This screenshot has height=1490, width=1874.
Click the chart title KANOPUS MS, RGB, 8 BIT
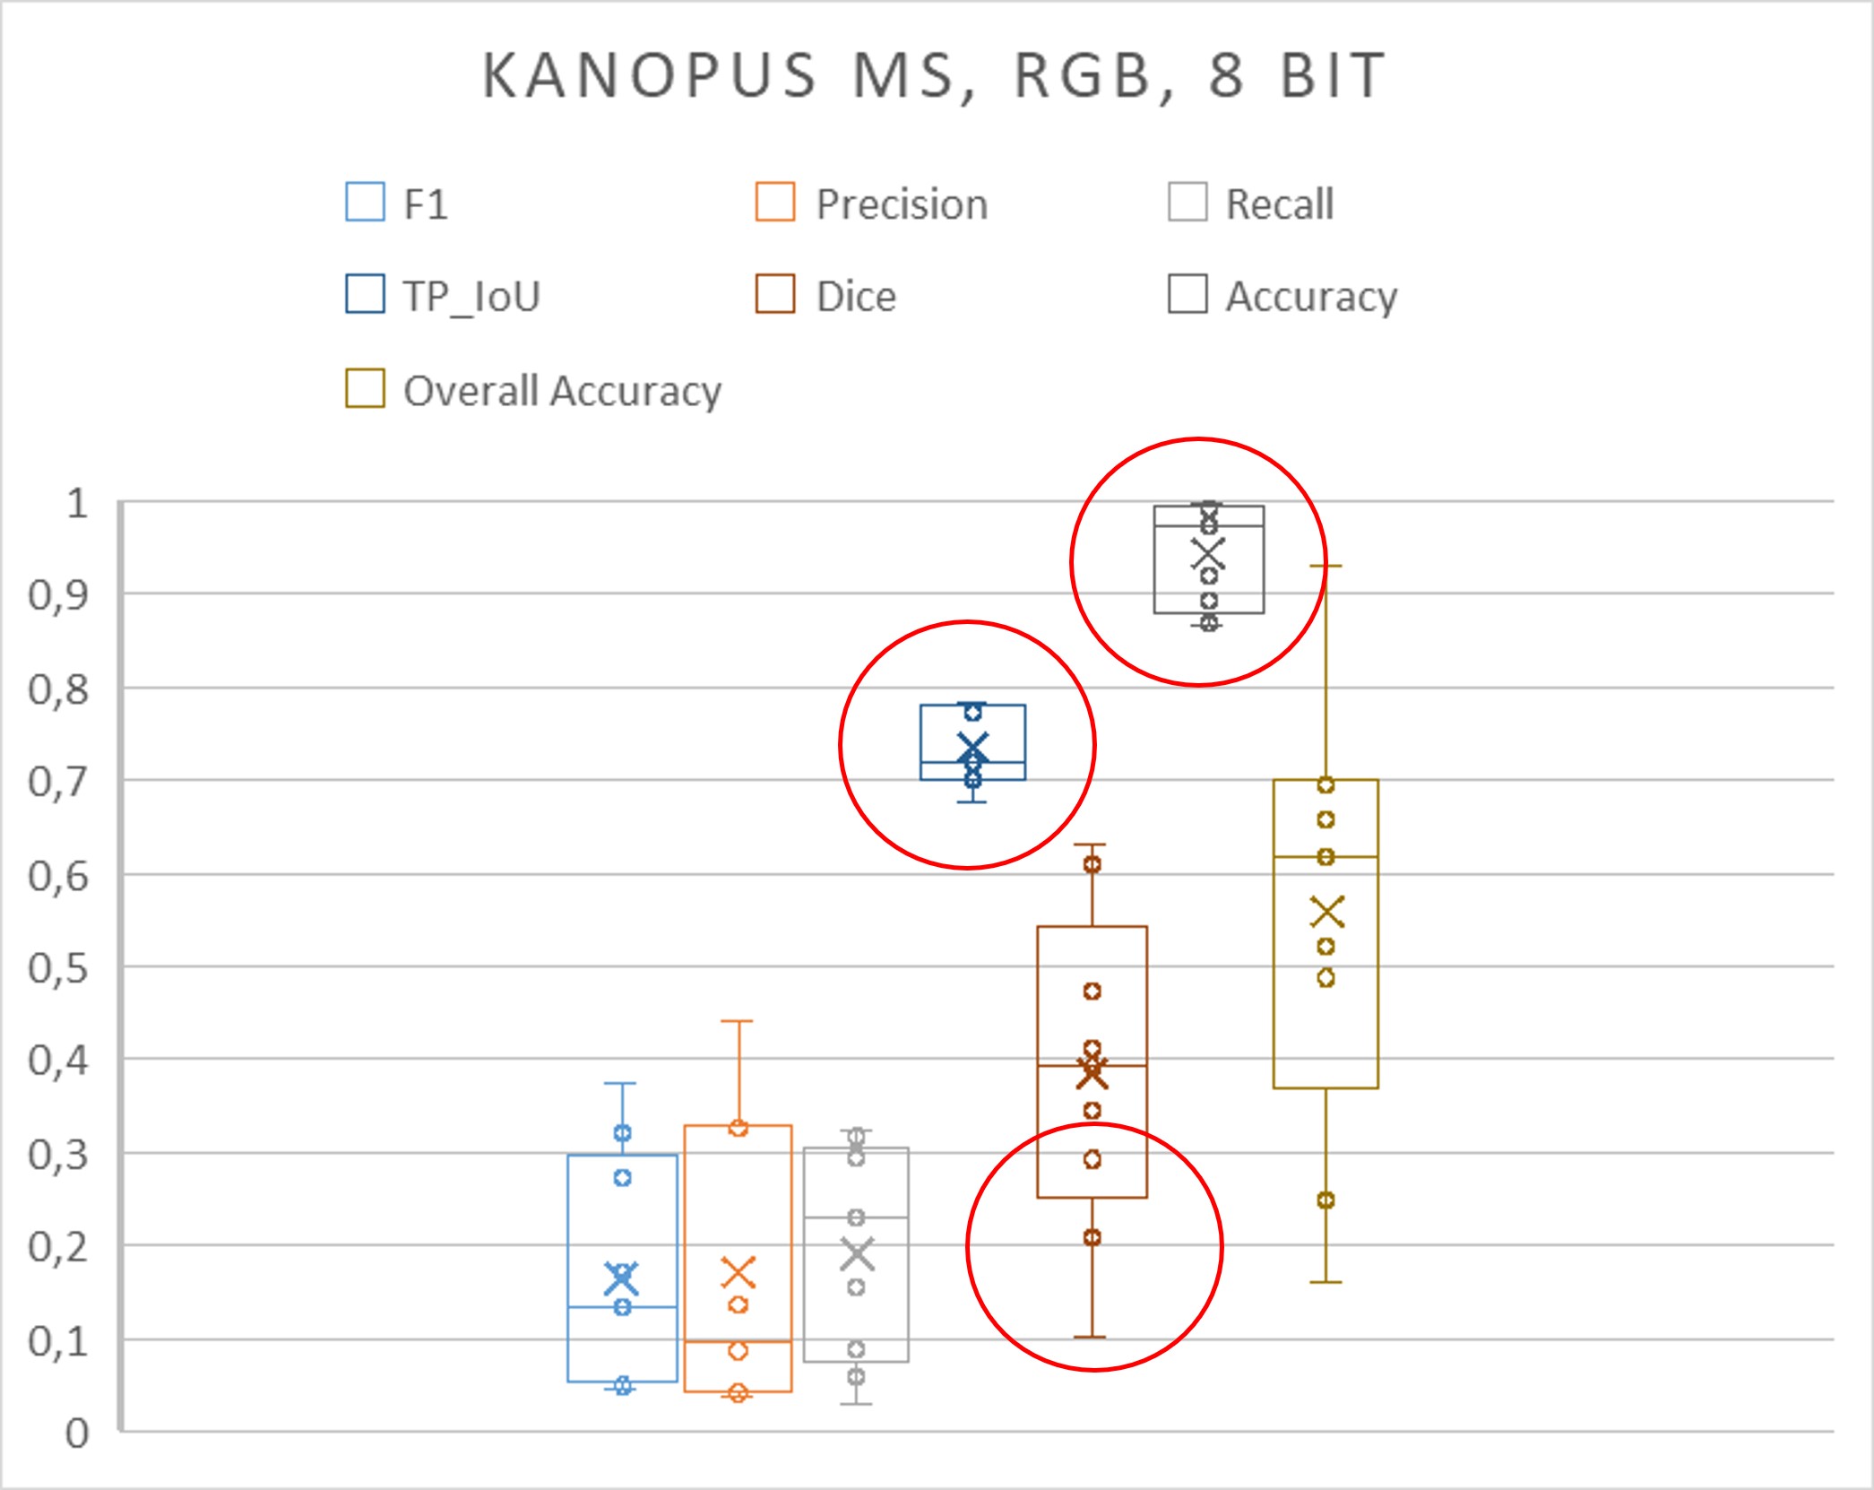pyautogui.click(x=935, y=75)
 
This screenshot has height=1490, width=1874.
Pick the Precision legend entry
pyautogui.click(x=873, y=204)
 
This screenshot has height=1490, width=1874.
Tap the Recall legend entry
pyautogui.click(x=1252, y=204)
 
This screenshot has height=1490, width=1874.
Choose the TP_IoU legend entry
pyautogui.click(x=444, y=296)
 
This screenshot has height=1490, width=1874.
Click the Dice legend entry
pyautogui.click(x=826, y=296)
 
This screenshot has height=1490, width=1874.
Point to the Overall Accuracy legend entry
pyautogui.click(x=534, y=390)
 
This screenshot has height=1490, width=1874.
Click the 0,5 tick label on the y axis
pyautogui.click(x=58, y=968)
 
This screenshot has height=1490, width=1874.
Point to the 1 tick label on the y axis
pyautogui.click(x=77, y=504)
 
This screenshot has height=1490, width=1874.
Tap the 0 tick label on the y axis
pyautogui.click(x=77, y=1434)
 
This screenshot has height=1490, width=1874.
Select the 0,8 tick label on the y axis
pyautogui.click(x=58, y=689)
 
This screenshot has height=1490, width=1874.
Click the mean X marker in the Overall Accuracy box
pyautogui.click(x=1327, y=913)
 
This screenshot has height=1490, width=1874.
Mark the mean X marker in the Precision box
pyautogui.click(x=738, y=1272)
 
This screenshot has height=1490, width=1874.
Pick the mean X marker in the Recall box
pyautogui.click(x=857, y=1254)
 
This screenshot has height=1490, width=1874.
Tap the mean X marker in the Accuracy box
pyautogui.click(x=1208, y=554)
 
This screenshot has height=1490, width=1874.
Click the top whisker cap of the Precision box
pyautogui.click(x=738, y=1021)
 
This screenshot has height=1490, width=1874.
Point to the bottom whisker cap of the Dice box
pyautogui.click(x=1091, y=1338)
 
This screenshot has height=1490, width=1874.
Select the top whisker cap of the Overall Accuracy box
pyautogui.click(x=1326, y=566)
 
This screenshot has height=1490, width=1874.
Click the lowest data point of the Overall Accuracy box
pyautogui.click(x=1326, y=1200)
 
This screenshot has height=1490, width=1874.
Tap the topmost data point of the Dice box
pyautogui.click(x=1092, y=864)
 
